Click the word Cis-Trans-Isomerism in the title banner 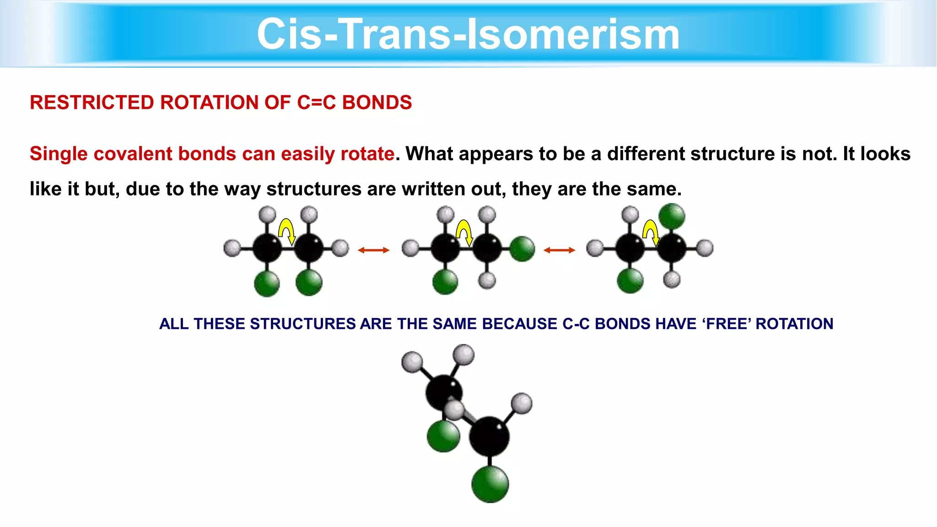[x=468, y=34]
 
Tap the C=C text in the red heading [x=316, y=102]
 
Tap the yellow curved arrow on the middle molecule [x=464, y=231]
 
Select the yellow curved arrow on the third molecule [x=651, y=231]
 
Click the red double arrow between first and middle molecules [x=373, y=250]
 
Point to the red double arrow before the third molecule [x=559, y=250]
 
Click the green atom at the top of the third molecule [x=672, y=216]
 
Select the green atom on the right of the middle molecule [x=522, y=249]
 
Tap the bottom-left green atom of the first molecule [x=267, y=284]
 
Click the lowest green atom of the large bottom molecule [x=490, y=484]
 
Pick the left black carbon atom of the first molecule [x=267, y=248]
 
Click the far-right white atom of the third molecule [x=705, y=248]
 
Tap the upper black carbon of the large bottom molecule [x=443, y=392]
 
